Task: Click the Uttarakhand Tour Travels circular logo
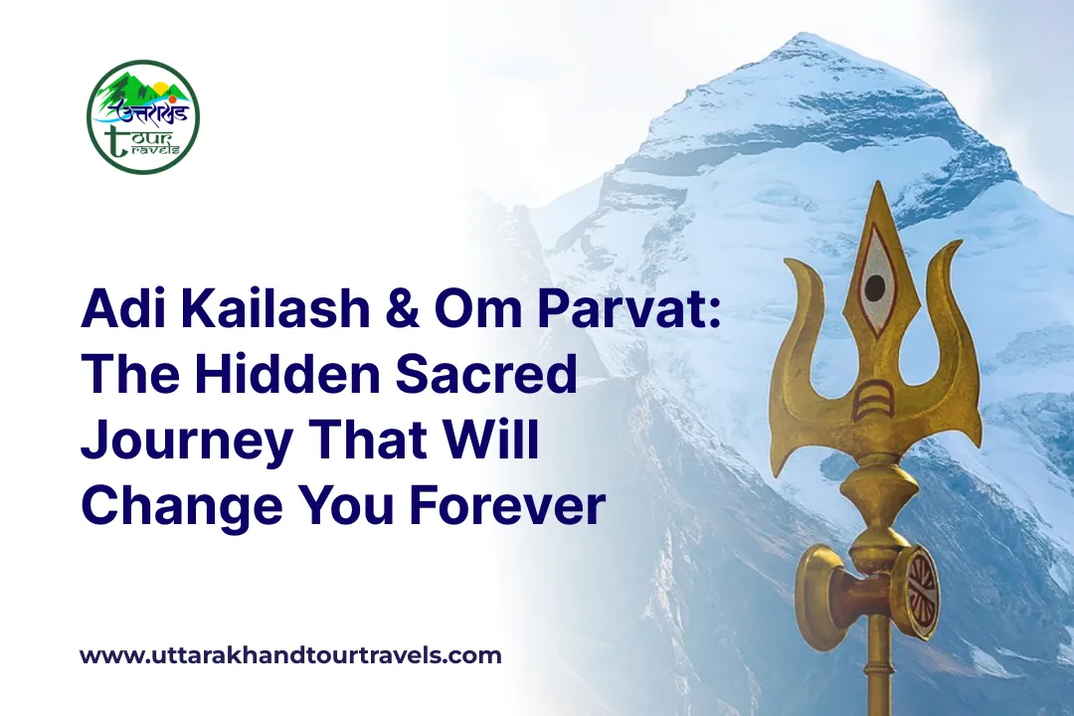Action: [x=143, y=116]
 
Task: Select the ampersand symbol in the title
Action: [x=396, y=311]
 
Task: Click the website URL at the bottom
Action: [x=290, y=655]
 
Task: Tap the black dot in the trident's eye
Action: [x=875, y=288]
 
